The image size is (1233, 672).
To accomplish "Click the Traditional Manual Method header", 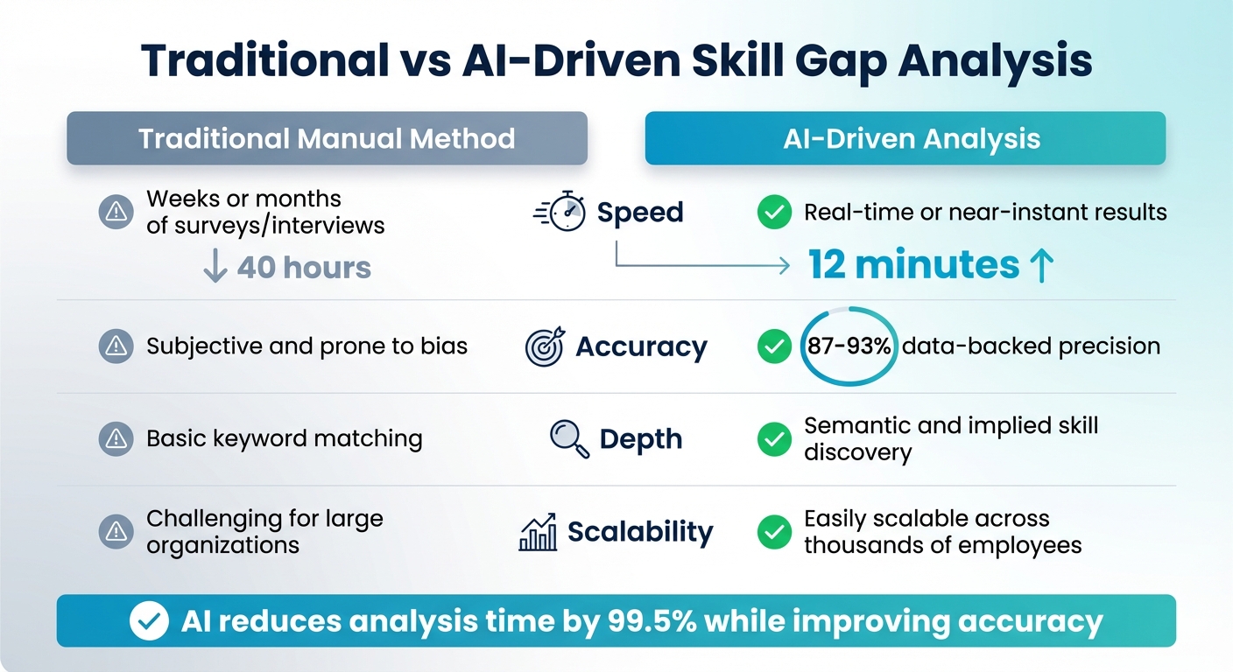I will pyautogui.click(x=327, y=138).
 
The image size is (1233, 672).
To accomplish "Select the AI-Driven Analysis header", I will pyautogui.click(x=905, y=138).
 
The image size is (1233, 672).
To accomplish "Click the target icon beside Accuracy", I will pyautogui.click(x=545, y=346).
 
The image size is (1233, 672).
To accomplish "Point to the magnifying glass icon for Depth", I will pyautogui.click(x=569, y=437).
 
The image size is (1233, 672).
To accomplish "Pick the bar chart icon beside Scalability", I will pyautogui.click(x=538, y=532).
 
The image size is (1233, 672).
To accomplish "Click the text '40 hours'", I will pyautogui.click(x=303, y=267).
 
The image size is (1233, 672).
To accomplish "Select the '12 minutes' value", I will pyautogui.click(x=912, y=264).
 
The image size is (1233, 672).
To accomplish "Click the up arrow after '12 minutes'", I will pyautogui.click(x=1040, y=265).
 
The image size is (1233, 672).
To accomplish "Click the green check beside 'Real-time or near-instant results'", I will pyautogui.click(x=773, y=212).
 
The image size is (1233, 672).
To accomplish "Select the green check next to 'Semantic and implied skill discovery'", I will pyautogui.click(x=773, y=438).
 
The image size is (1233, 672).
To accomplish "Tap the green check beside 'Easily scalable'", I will pyautogui.click(x=773, y=531).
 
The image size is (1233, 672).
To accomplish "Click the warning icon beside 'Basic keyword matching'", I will pyautogui.click(x=115, y=437).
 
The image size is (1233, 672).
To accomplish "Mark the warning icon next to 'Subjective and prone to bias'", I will pyautogui.click(x=115, y=346).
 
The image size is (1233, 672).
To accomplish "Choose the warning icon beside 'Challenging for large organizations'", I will pyautogui.click(x=115, y=531).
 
